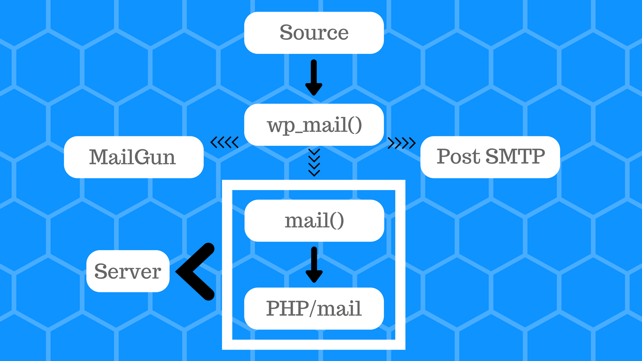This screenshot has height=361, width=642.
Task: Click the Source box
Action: [x=314, y=33]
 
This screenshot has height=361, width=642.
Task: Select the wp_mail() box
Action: [x=314, y=125]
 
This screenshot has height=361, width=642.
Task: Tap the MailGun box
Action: [x=133, y=157]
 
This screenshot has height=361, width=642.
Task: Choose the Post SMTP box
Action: [x=490, y=157]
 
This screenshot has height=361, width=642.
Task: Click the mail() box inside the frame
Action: [x=314, y=221]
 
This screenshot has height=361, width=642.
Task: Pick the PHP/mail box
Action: [x=314, y=308]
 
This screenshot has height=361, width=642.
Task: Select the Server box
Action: [x=128, y=271]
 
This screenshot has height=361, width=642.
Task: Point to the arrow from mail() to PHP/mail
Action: [x=314, y=264]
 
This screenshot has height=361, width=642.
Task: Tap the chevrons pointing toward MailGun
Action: [x=224, y=142]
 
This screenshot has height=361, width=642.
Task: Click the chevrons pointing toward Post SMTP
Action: [x=402, y=143]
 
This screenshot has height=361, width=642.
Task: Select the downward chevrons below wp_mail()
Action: [x=314, y=162]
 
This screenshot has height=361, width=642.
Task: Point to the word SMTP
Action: [x=515, y=156]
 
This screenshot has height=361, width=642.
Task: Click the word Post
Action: [x=458, y=156]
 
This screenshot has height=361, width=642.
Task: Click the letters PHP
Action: [x=287, y=308]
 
